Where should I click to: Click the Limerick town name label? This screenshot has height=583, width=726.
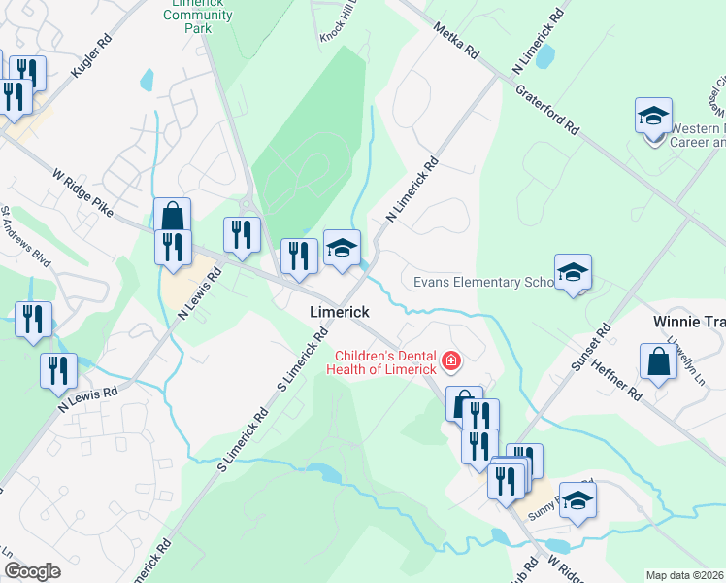(x=340, y=312)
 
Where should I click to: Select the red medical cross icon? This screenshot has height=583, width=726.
(x=449, y=362)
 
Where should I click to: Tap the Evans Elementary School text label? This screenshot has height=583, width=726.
(x=482, y=282)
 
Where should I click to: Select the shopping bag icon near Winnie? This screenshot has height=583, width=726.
(x=658, y=362)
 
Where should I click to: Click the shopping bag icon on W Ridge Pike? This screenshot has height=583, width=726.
(x=172, y=216)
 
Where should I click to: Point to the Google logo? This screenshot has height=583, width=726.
(x=32, y=571)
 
